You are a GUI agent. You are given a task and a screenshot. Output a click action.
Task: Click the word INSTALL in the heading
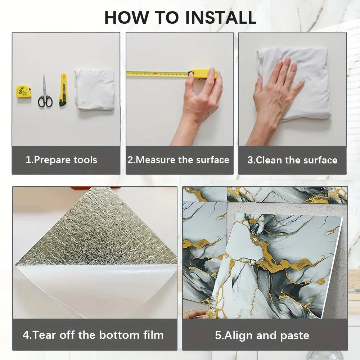pos(221,17)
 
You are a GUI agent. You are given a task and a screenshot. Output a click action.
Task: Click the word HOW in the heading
pos(126,17)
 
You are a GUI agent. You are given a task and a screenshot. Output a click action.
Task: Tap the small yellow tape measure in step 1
pos(24,91)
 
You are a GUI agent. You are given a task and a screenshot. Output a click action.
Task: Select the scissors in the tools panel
pos(45,91)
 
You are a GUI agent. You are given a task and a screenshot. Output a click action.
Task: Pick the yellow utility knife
pos(63,90)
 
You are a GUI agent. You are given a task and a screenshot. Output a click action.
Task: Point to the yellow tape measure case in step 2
pos(202,74)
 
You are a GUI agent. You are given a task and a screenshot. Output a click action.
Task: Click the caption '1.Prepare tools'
pos(61,160)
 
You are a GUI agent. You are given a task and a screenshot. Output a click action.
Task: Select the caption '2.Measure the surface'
pos(179,160)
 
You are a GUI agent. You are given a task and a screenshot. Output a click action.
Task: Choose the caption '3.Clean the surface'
pos(292,160)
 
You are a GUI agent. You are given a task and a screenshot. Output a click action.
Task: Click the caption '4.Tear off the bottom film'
pos(93,335)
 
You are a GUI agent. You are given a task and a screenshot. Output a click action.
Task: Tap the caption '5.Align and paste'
pos(262,336)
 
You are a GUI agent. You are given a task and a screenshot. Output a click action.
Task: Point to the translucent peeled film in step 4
pos(96,289)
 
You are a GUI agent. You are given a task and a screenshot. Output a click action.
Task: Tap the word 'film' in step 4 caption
pos(154,335)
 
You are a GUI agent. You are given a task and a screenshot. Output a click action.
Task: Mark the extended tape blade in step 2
pos(157,74)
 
